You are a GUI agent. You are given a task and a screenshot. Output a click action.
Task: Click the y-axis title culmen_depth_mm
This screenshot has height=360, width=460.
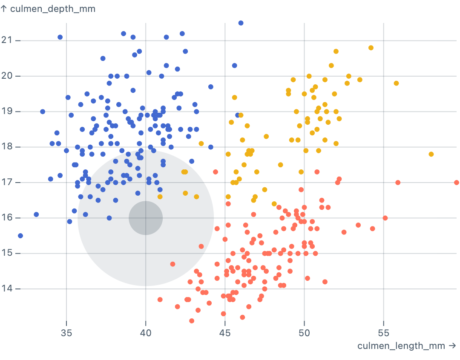coord(48,9)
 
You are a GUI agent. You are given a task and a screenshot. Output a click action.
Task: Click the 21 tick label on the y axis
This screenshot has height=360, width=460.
coord(7,40)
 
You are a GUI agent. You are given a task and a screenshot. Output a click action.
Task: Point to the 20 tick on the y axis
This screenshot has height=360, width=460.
coord(7,76)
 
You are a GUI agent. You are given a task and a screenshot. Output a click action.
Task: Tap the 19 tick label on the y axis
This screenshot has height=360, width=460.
coord(7,111)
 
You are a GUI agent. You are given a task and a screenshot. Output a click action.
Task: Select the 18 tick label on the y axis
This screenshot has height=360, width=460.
coord(7,147)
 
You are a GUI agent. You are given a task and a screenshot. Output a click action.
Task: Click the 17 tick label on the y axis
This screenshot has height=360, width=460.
coord(7,183)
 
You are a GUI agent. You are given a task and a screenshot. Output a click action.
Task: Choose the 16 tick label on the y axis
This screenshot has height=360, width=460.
coord(7,218)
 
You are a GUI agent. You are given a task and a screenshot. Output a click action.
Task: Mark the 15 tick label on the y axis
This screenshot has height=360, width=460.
coord(7,254)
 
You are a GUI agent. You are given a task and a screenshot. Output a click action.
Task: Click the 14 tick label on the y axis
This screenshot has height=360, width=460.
coord(7,289)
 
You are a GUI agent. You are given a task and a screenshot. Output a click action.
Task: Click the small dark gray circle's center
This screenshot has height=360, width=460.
coord(146,218)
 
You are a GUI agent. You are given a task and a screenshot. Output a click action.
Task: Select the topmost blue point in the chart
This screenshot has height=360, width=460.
coord(241,23)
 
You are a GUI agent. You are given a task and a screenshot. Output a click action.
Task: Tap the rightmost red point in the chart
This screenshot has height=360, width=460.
coord(457,183)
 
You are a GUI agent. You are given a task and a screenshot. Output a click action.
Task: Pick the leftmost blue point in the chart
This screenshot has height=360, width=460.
coord(20,236)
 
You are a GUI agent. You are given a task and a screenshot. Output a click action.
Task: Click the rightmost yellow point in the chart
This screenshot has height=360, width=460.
coord(431,154)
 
